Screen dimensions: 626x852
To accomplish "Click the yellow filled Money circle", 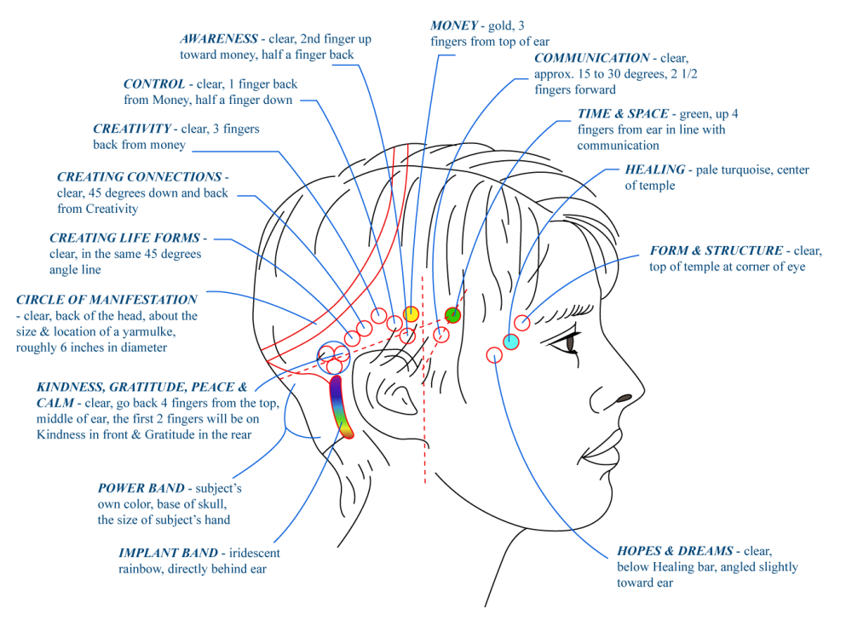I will click(412, 314).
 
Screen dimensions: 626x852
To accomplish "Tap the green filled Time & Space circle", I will click(453, 315).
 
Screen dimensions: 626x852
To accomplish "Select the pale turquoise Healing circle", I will click(510, 342).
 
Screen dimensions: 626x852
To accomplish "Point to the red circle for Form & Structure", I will click(522, 322).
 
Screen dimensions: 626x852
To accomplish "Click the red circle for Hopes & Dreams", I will click(495, 355).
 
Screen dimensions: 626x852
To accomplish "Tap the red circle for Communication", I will click(440, 334).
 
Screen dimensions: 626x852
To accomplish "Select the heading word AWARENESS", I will click(218, 38).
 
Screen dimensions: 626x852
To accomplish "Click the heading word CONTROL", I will click(154, 83).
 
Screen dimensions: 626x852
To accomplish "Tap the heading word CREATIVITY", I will click(131, 129).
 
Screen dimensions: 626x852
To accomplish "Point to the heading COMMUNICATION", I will click(591, 59).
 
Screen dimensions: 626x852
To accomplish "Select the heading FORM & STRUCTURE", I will click(716, 251).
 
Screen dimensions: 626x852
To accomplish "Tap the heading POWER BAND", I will click(141, 488).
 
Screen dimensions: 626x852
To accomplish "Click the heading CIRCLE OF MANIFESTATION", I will click(106, 300).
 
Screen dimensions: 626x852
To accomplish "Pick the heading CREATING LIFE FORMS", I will click(124, 238).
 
